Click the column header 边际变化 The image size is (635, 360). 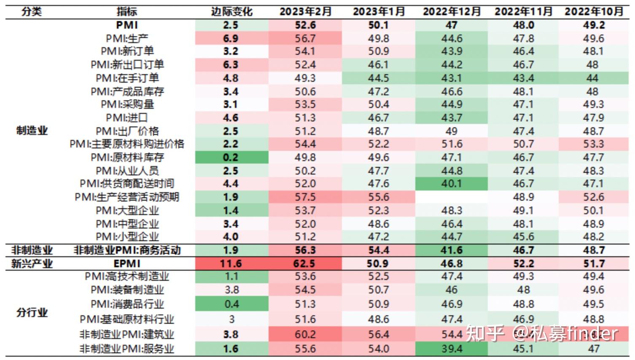click(x=231, y=11)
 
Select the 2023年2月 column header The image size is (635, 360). click(x=305, y=11)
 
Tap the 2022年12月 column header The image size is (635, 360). click(x=452, y=11)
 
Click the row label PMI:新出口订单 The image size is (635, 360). click(x=127, y=65)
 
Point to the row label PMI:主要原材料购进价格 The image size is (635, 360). click(x=127, y=144)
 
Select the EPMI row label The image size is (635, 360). click(x=127, y=264)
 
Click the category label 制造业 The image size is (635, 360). click(x=32, y=131)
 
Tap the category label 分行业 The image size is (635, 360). click(x=32, y=313)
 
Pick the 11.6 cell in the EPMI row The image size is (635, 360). click(x=231, y=264)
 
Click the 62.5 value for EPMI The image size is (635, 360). click(x=305, y=264)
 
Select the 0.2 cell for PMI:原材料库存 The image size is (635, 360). click(x=231, y=158)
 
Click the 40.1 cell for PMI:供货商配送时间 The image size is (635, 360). click(x=452, y=184)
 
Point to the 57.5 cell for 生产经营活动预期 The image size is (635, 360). click(x=305, y=197)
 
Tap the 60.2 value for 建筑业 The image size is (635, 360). click(x=305, y=335)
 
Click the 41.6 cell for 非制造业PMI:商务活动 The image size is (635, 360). click(x=452, y=250)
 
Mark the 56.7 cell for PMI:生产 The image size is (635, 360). click(x=305, y=39)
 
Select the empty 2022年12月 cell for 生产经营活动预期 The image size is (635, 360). click(x=452, y=197)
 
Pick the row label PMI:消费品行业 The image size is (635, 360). click(x=127, y=304)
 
